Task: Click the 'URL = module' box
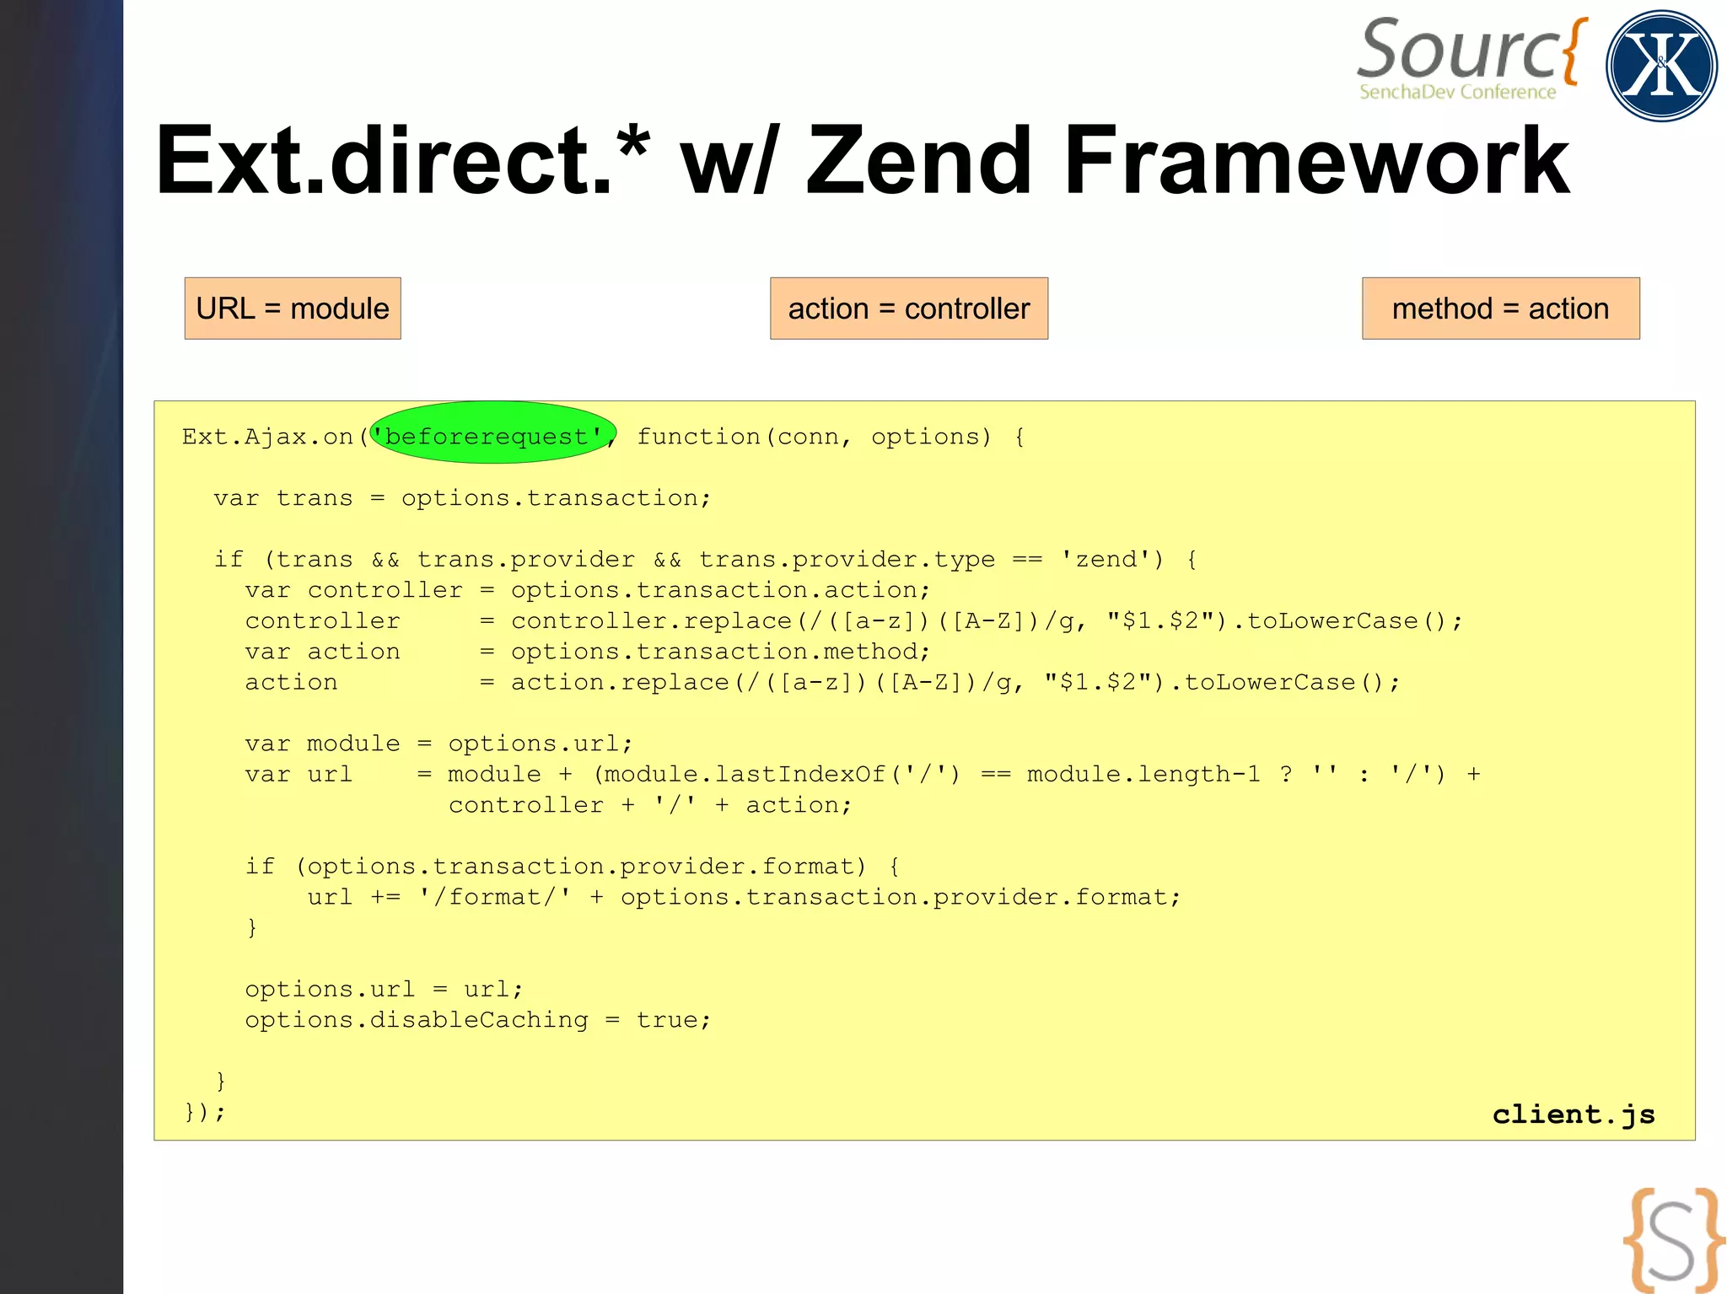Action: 293,309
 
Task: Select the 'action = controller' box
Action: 908,309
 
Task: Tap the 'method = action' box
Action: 1500,309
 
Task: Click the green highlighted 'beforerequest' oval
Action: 493,432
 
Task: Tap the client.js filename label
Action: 1573,1114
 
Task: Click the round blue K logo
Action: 1660,66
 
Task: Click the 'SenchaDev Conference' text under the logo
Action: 1457,92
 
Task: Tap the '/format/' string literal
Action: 495,897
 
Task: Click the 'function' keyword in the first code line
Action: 698,437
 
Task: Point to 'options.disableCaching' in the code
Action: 417,1020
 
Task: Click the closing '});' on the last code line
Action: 205,1112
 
